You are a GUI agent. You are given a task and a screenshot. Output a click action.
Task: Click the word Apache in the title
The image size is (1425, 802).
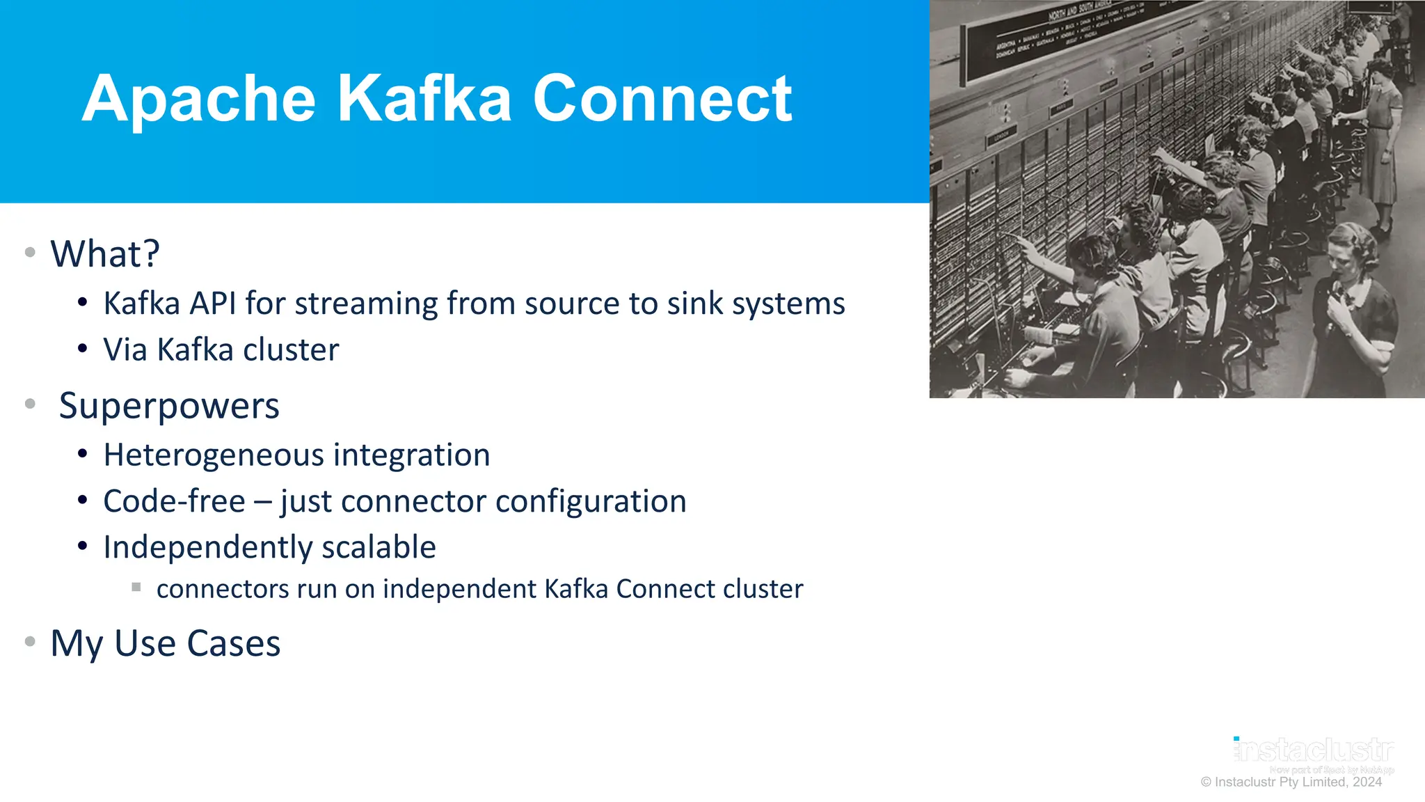(x=199, y=100)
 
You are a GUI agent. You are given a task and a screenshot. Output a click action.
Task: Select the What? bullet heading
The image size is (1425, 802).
(x=105, y=253)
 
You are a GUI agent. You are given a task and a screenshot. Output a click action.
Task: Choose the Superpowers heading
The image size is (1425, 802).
(x=169, y=406)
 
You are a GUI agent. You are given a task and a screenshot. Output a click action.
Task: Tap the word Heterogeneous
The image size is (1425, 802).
(x=214, y=455)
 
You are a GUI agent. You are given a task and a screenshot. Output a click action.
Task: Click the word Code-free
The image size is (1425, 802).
(x=174, y=501)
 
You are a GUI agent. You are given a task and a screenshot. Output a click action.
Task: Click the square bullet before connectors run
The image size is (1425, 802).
(x=136, y=588)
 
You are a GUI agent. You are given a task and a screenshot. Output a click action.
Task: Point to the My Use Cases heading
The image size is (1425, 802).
(x=166, y=643)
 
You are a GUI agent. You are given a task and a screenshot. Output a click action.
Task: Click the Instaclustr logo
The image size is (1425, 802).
(x=1314, y=750)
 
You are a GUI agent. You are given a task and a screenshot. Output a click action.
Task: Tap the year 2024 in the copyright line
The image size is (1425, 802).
(x=1367, y=782)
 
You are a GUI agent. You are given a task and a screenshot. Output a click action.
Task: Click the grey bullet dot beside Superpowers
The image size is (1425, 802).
(x=30, y=404)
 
